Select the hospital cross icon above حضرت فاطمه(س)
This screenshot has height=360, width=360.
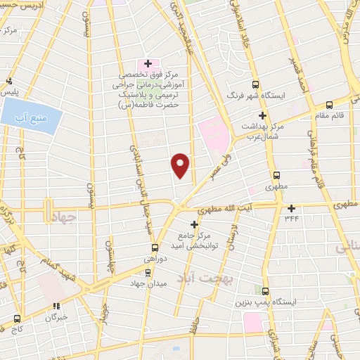[148, 63]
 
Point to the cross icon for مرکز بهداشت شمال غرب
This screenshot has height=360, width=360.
[263, 116]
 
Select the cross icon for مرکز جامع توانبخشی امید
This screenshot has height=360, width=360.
[195, 224]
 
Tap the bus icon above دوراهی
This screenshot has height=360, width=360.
[155, 247]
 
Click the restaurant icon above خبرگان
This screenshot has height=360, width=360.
[56, 305]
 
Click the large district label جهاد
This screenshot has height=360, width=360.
[61, 219]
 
